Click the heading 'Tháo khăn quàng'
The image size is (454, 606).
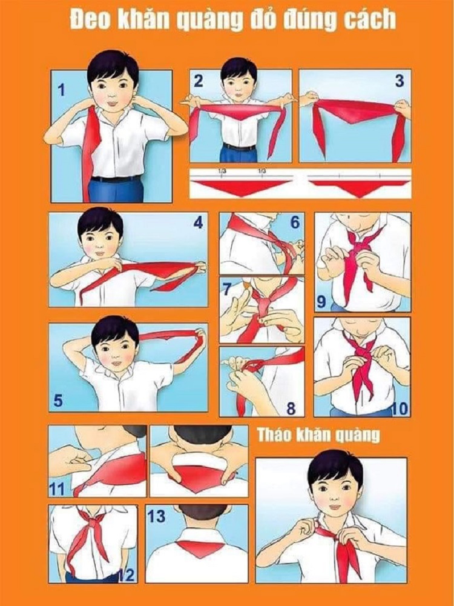318,435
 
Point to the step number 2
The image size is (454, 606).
199,81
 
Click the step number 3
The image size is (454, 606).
399,81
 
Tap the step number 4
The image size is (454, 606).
197,223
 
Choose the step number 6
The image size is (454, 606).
294,223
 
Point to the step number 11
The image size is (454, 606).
57,488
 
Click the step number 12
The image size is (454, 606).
127,574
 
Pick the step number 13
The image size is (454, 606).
156,516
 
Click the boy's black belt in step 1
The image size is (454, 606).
116,179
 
